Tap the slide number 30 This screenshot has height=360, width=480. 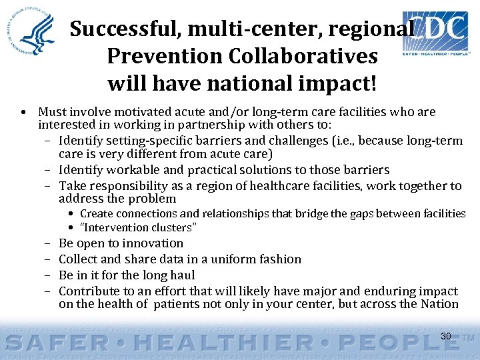(x=446, y=336)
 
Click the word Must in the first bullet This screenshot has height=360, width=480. (x=51, y=112)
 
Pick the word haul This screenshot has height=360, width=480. (x=182, y=275)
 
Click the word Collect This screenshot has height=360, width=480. (x=78, y=259)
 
